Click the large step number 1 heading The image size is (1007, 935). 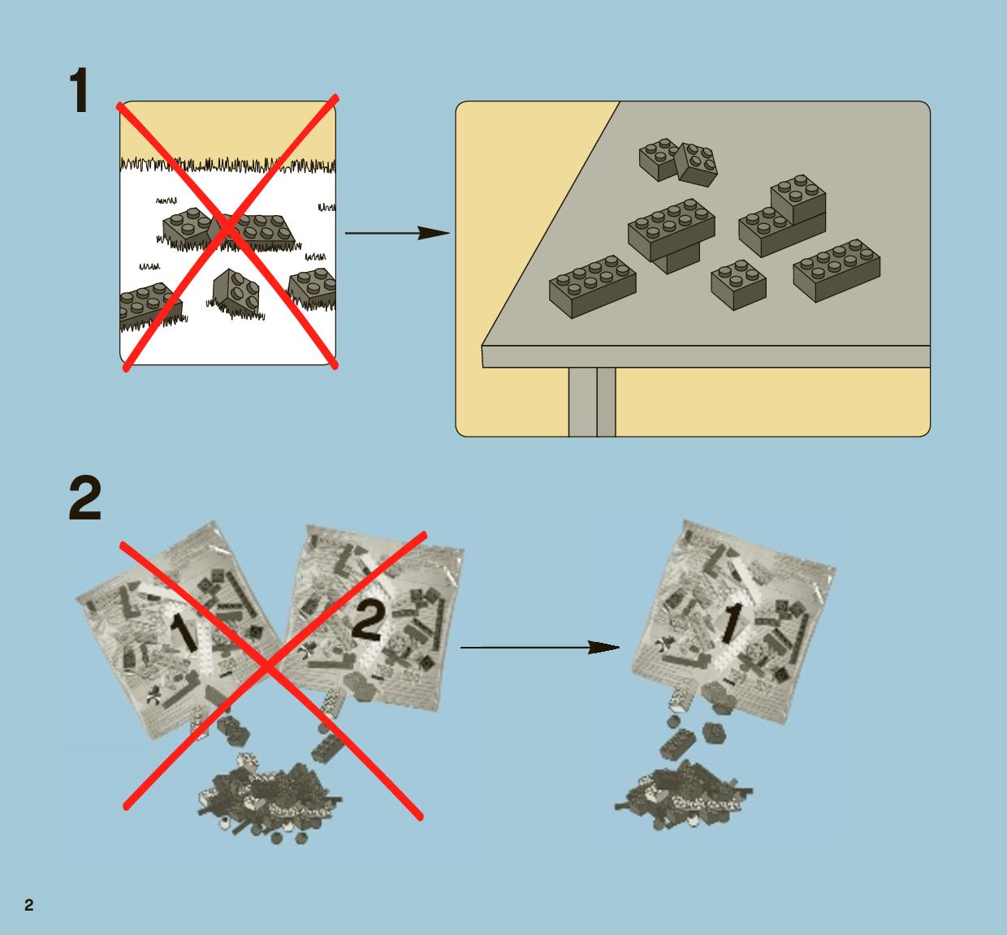coord(79,90)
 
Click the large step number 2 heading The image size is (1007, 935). coord(85,498)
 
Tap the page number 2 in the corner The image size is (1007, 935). coord(29,905)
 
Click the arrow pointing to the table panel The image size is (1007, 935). coord(397,233)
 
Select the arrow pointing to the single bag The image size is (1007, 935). coord(539,647)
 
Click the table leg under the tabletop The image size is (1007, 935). coord(592,402)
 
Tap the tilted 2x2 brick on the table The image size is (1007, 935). coord(696,164)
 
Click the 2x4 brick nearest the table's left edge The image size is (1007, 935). coord(592,287)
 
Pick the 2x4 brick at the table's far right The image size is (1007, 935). coord(836,270)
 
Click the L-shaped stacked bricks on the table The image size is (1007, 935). coord(782,218)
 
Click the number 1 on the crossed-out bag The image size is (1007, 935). coord(184,632)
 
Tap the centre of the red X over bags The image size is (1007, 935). coord(267,670)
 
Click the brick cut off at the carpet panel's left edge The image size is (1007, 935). coord(150,306)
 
